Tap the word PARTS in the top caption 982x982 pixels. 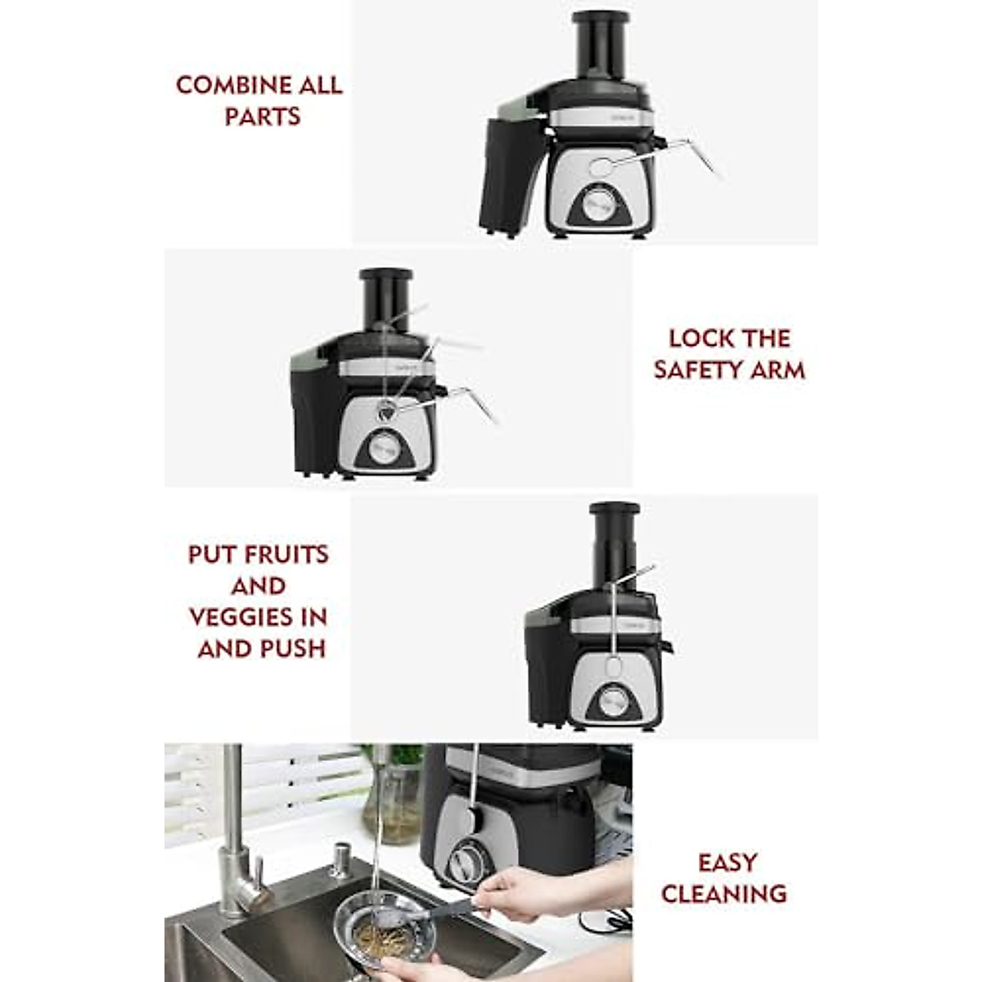click(262, 117)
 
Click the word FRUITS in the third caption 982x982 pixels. click(281, 555)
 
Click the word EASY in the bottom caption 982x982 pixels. click(727, 863)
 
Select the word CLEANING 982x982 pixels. click(723, 894)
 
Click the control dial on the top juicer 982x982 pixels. click(600, 200)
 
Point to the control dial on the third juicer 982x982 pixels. click(613, 701)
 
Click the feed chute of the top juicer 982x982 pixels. click(600, 45)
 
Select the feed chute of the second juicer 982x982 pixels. click(385, 300)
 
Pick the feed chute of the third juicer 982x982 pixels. click(614, 536)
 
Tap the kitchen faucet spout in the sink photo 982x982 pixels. click(232, 818)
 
